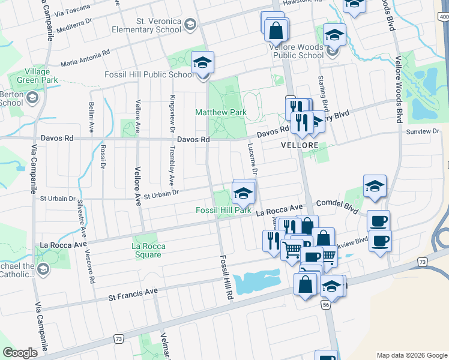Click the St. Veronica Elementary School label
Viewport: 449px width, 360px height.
158,25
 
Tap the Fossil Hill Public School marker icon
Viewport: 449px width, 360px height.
203,63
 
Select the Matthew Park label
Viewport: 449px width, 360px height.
221,112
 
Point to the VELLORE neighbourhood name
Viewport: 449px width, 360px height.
299,145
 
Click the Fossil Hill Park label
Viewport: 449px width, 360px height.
223,210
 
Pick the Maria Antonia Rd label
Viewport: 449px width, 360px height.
85,58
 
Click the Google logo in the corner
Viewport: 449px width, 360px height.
20,353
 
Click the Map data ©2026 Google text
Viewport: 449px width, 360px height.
411,355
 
